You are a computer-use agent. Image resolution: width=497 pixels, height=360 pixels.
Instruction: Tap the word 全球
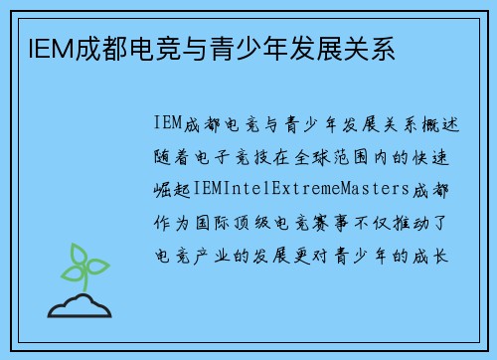[x=334, y=156]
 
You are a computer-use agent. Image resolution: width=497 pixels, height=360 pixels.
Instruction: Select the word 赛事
[x=334, y=222]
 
